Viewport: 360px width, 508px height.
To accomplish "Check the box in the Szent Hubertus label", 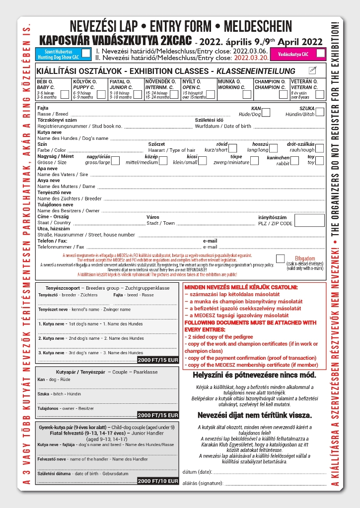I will pyautogui.click(x=86, y=53).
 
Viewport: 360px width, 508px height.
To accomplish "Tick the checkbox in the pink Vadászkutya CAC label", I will pyautogui.click(x=320, y=53).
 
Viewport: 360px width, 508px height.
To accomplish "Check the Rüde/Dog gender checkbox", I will pyautogui.click(x=266, y=113).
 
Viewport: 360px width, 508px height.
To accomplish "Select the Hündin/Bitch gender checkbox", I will pyautogui.click(x=319, y=113).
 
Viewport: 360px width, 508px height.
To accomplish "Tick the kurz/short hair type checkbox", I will pyautogui.click(x=232, y=148).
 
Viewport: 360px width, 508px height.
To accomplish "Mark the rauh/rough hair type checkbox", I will pyautogui.click(x=319, y=148).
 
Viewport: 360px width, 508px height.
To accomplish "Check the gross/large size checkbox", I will pyautogui.click(x=115, y=161).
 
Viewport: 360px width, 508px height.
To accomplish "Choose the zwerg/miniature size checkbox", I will pyautogui.click(x=254, y=161).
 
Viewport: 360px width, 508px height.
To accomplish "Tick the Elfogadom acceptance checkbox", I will pyautogui.click(x=281, y=258).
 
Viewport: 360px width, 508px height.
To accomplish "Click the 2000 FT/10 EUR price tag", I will pyautogui.click(x=157, y=481).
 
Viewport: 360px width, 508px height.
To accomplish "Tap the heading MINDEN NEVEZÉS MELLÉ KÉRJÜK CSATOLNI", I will pyautogui.click(x=241, y=287).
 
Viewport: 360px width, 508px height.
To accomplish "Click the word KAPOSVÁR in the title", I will pyautogui.click(x=66, y=40).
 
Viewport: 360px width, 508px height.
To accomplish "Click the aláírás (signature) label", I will pyautogui.click(x=203, y=482).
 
